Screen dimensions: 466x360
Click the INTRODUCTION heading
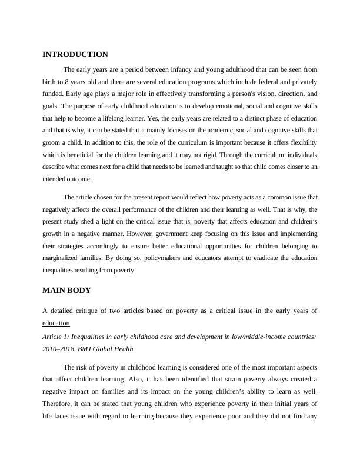75,55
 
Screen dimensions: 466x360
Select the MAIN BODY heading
66,291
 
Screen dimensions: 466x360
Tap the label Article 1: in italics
58,336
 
